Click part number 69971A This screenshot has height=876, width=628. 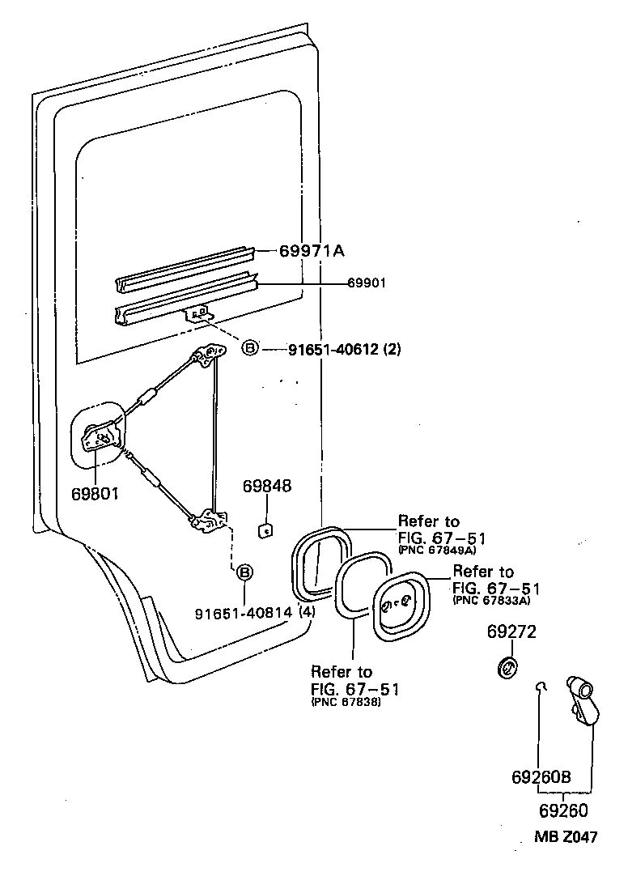tap(312, 252)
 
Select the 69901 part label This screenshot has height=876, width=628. tap(367, 283)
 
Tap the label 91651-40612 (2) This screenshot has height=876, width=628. tap(345, 350)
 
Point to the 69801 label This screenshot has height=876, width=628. tap(95, 493)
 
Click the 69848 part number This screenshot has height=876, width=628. tap(267, 486)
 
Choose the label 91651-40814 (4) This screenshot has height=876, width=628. tap(255, 612)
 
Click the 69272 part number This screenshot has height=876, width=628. tap(511, 631)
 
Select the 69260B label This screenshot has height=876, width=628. tap(541, 777)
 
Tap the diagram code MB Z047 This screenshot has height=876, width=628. tap(566, 836)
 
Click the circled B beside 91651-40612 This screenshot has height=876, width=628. tap(250, 349)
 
